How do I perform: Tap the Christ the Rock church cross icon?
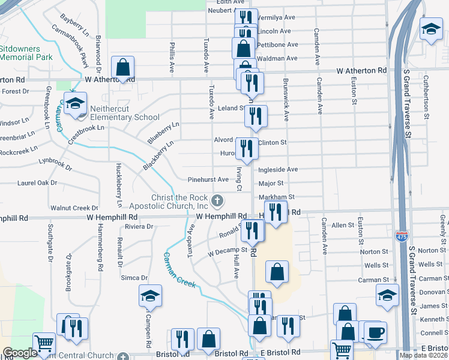tap(218, 200)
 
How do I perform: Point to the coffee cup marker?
tap(375, 332)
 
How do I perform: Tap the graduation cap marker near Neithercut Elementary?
tap(75, 103)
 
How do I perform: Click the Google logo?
tap(20, 353)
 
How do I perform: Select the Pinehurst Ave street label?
tap(208, 179)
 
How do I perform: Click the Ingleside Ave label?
tap(278, 170)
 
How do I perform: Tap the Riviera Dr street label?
tap(139, 227)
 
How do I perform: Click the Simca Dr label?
tap(135, 278)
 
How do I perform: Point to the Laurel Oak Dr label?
tap(37, 182)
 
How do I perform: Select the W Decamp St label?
tap(228, 250)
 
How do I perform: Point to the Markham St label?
tap(276, 197)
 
